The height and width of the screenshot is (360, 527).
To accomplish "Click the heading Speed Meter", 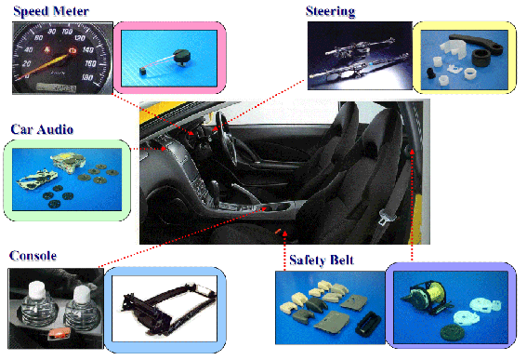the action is pos(51,11).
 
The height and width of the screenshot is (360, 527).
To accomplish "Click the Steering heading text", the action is pos(330,11).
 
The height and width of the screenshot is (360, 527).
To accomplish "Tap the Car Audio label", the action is pos(42,129).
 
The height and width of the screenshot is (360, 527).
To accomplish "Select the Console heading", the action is pos(33,256).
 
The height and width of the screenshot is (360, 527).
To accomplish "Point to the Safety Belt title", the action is pos(322,260).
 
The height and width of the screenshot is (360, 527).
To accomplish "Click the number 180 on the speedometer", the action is pos(87,77).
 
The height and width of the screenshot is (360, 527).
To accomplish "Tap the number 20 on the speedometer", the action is pos(26,63).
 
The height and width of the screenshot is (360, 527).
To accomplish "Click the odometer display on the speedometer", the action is pos(56,87).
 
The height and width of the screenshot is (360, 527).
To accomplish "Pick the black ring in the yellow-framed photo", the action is pos(483,59).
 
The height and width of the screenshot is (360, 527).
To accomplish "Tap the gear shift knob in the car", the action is pos(215,186).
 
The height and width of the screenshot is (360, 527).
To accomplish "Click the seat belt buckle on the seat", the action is pos(384,217).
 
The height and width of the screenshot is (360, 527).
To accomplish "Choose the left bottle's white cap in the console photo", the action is pos(37,290).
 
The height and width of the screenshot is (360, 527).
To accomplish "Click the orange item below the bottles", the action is pos(59,333).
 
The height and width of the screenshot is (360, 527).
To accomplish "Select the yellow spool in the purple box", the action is pos(436,294).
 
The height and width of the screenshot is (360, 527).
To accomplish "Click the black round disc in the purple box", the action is pos(452,331).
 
